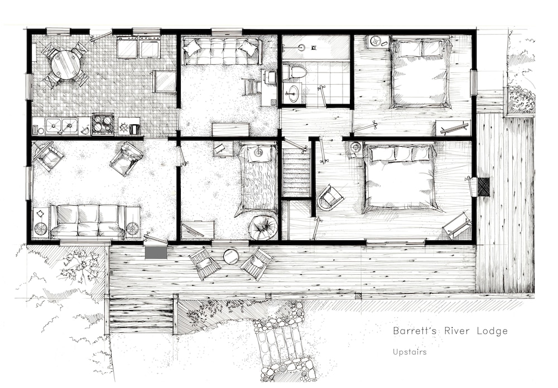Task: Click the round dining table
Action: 65,65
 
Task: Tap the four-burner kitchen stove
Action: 103,124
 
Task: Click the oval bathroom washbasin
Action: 292,93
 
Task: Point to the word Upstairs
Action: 410,352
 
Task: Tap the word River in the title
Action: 456,331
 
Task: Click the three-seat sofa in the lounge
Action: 88,221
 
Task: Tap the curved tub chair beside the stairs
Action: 330,197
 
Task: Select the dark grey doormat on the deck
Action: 156,252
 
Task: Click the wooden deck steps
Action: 141,316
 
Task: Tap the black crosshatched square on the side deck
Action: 483,187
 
